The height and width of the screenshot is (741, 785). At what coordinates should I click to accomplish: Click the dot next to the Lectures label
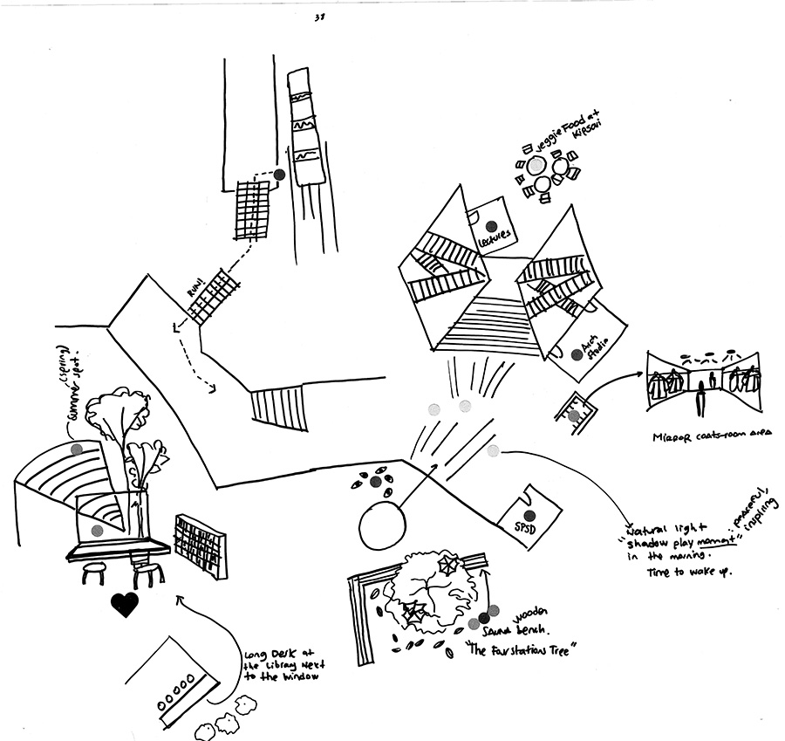tap(490, 221)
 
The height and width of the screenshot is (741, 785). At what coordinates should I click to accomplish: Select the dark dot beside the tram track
tap(279, 175)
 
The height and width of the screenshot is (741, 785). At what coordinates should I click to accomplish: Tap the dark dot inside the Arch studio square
tap(576, 354)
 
